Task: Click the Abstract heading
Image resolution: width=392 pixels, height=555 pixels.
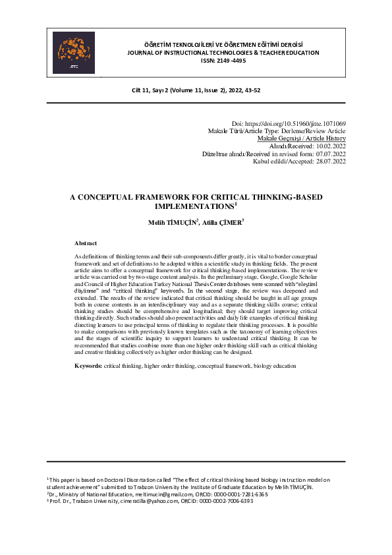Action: tap(86, 243)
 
